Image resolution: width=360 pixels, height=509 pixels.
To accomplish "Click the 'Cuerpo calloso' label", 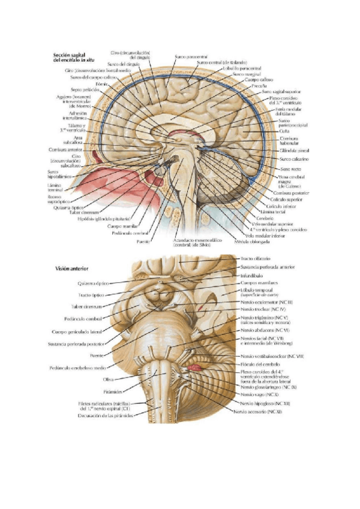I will pos(259,79).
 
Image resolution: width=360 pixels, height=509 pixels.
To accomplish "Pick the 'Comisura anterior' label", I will pos(67,150).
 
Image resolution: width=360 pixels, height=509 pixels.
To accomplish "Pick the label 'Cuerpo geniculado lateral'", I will pos(79,331).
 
